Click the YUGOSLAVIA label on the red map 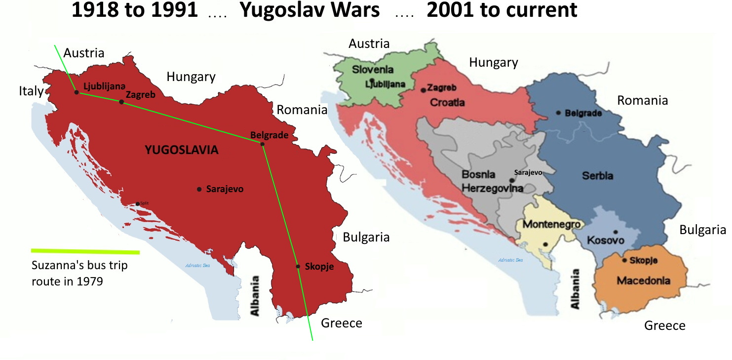[182, 150]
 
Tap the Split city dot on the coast [138, 203]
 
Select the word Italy [31, 91]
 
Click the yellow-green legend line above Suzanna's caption [85, 252]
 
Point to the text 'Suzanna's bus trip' [79, 266]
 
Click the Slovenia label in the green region [374, 70]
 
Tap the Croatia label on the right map [447, 103]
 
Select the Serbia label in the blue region [598, 176]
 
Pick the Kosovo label [606, 240]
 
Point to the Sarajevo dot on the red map [199, 189]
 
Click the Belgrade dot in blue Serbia [558, 113]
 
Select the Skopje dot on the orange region [624, 260]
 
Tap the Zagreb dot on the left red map [121, 102]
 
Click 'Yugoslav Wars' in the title [309, 10]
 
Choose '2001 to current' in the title [501, 10]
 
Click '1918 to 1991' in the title [134, 10]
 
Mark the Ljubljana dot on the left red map [76, 92]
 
